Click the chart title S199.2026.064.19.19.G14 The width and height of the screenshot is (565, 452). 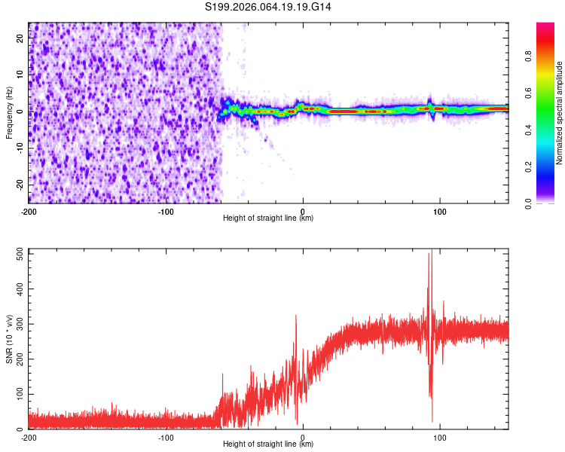click(x=269, y=7)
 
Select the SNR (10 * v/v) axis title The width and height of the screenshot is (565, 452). click(x=10, y=339)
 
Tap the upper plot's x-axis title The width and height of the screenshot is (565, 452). click(x=268, y=218)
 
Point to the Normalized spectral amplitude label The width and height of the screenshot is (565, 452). click(x=559, y=113)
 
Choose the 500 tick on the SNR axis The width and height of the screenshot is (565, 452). click(x=17, y=254)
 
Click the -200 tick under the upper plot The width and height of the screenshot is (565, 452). click(x=29, y=210)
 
